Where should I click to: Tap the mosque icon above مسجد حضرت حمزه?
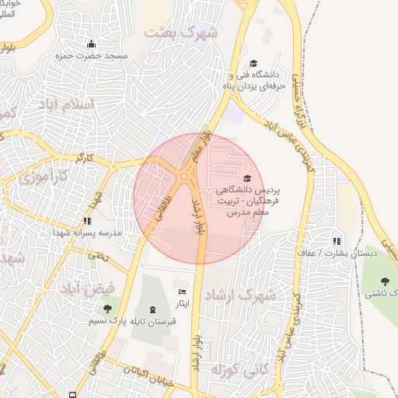92,44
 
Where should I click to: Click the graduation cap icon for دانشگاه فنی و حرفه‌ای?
253,64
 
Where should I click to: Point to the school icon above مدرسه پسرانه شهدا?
87,221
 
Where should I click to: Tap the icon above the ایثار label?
183,292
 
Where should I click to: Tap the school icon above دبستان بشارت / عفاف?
337,239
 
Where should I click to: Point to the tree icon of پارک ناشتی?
385,281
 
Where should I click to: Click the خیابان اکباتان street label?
147,372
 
